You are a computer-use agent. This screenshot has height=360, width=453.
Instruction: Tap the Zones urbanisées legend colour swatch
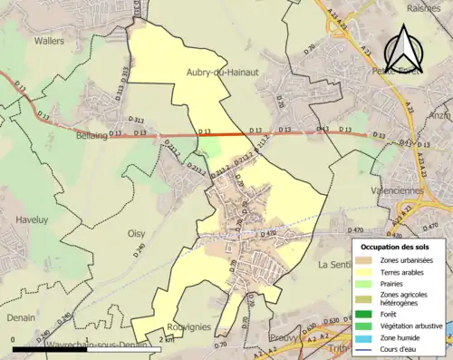368,261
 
